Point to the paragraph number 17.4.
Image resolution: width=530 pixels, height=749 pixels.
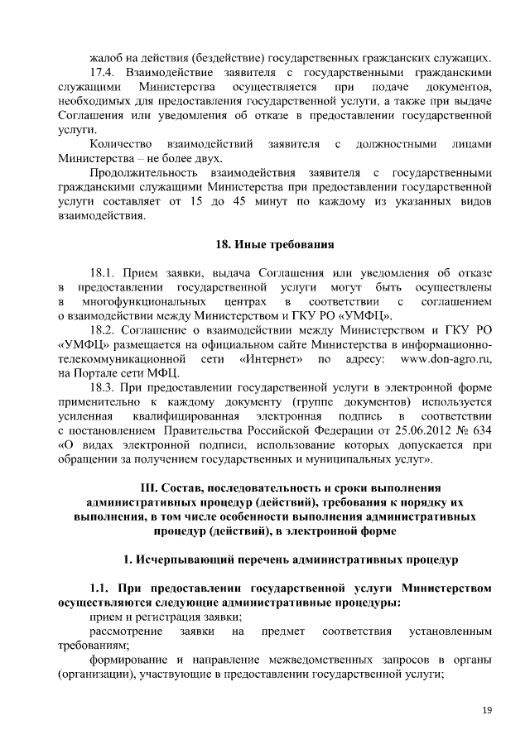click(104, 72)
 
